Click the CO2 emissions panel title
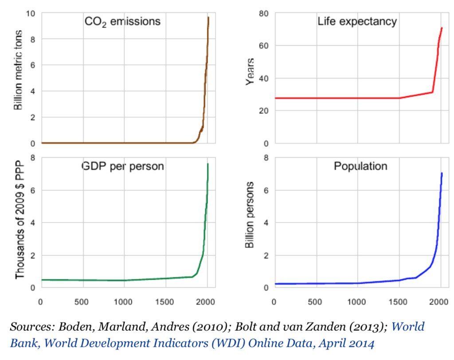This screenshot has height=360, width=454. (x=122, y=21)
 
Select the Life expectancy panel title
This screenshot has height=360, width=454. (x=357, y=21)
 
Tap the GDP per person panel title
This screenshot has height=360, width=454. (x=122, y=166)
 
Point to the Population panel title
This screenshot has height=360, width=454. (x=360, y=166)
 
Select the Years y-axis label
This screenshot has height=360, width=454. (x=250, y=71)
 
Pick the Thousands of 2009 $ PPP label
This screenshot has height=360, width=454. (x=20, y=217)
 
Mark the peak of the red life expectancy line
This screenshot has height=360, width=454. (x=442, y=28)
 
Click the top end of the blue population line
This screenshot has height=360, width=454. (x=442, y=173)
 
